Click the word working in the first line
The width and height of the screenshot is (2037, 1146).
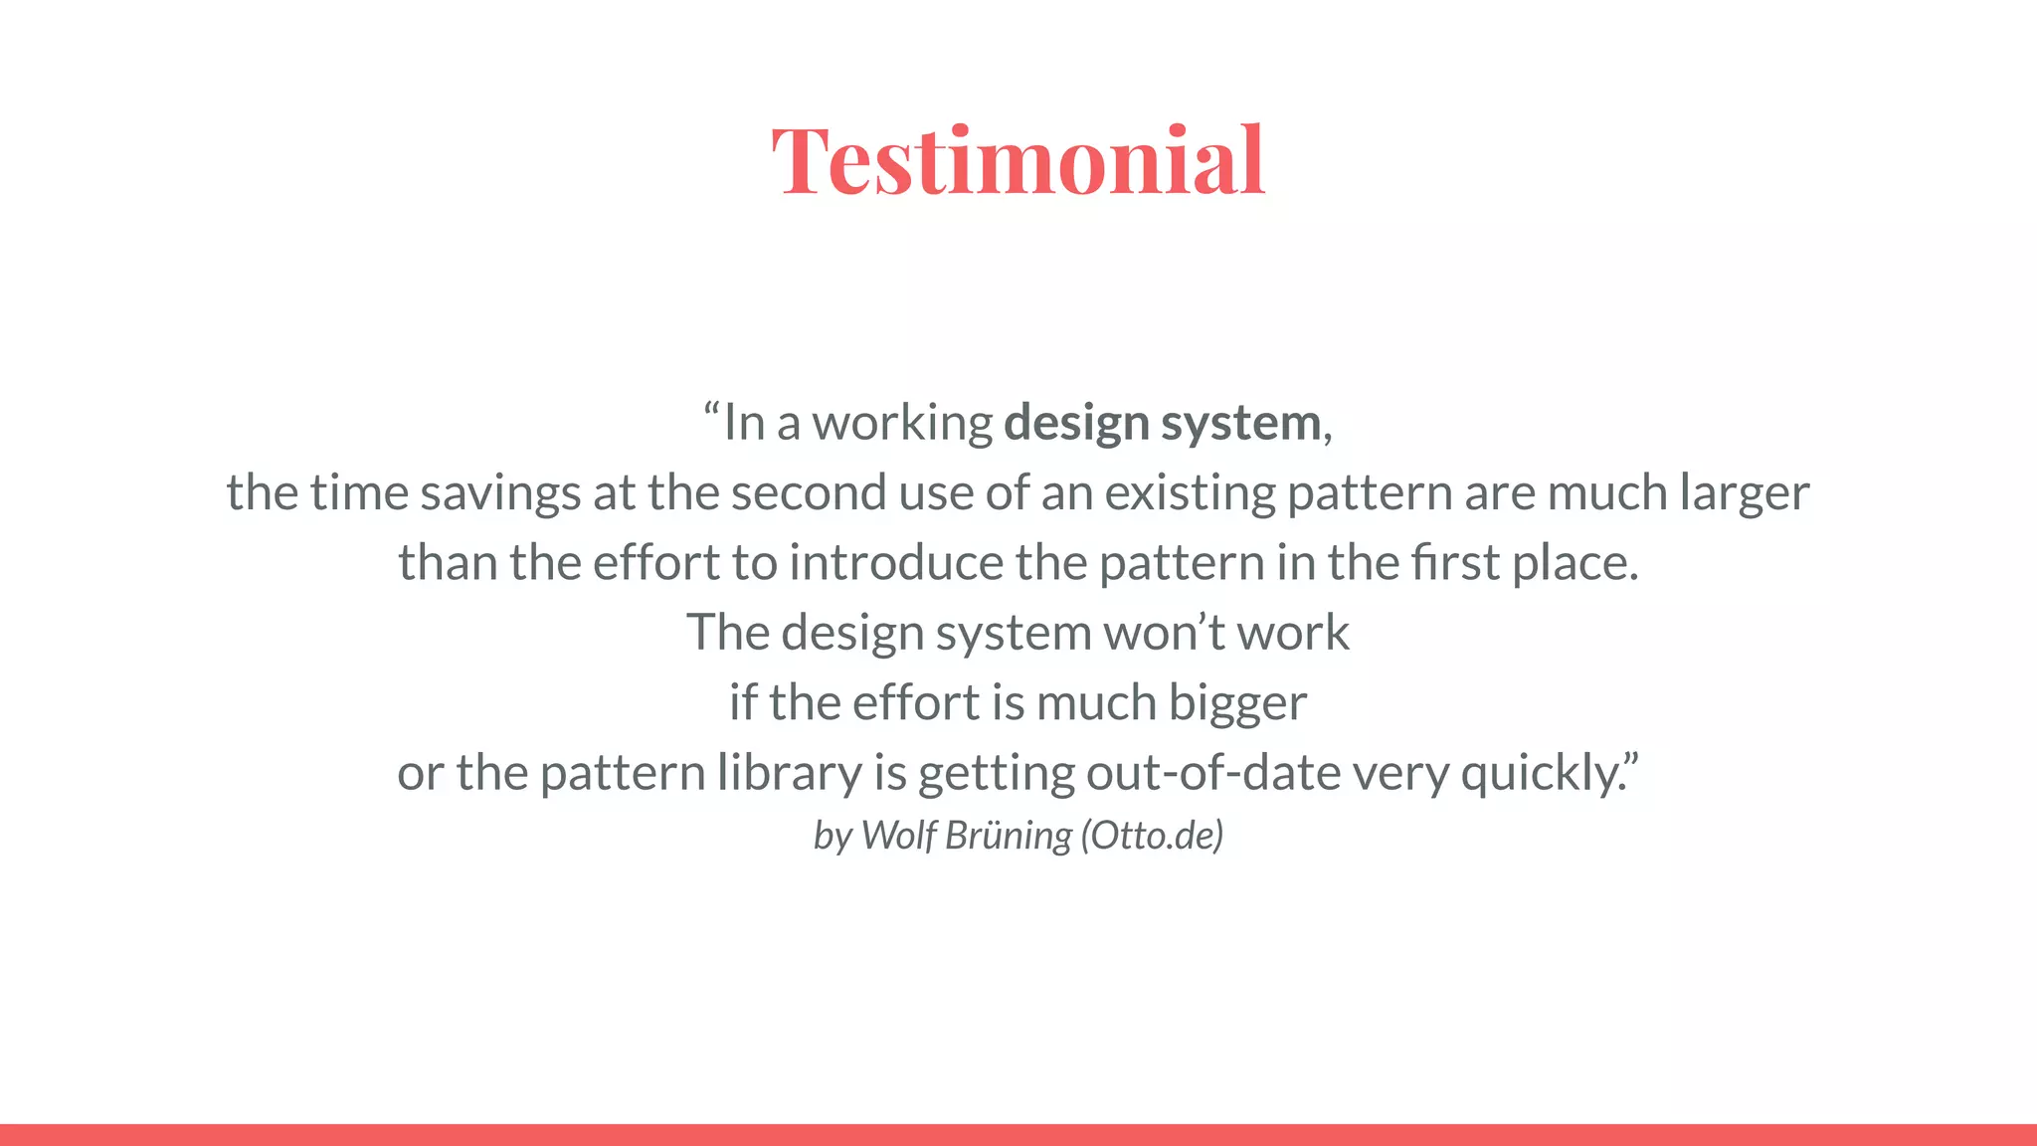click(x=902, y=424)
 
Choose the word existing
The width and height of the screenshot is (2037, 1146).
click(x=1190, y=493)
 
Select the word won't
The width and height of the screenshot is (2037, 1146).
click(x=1164, y=633)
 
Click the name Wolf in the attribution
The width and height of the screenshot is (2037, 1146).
click(x=899, y=836)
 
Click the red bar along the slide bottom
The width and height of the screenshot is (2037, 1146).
click(x=1018, y=1135)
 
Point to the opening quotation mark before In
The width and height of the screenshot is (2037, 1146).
click(x=710, y=410)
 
